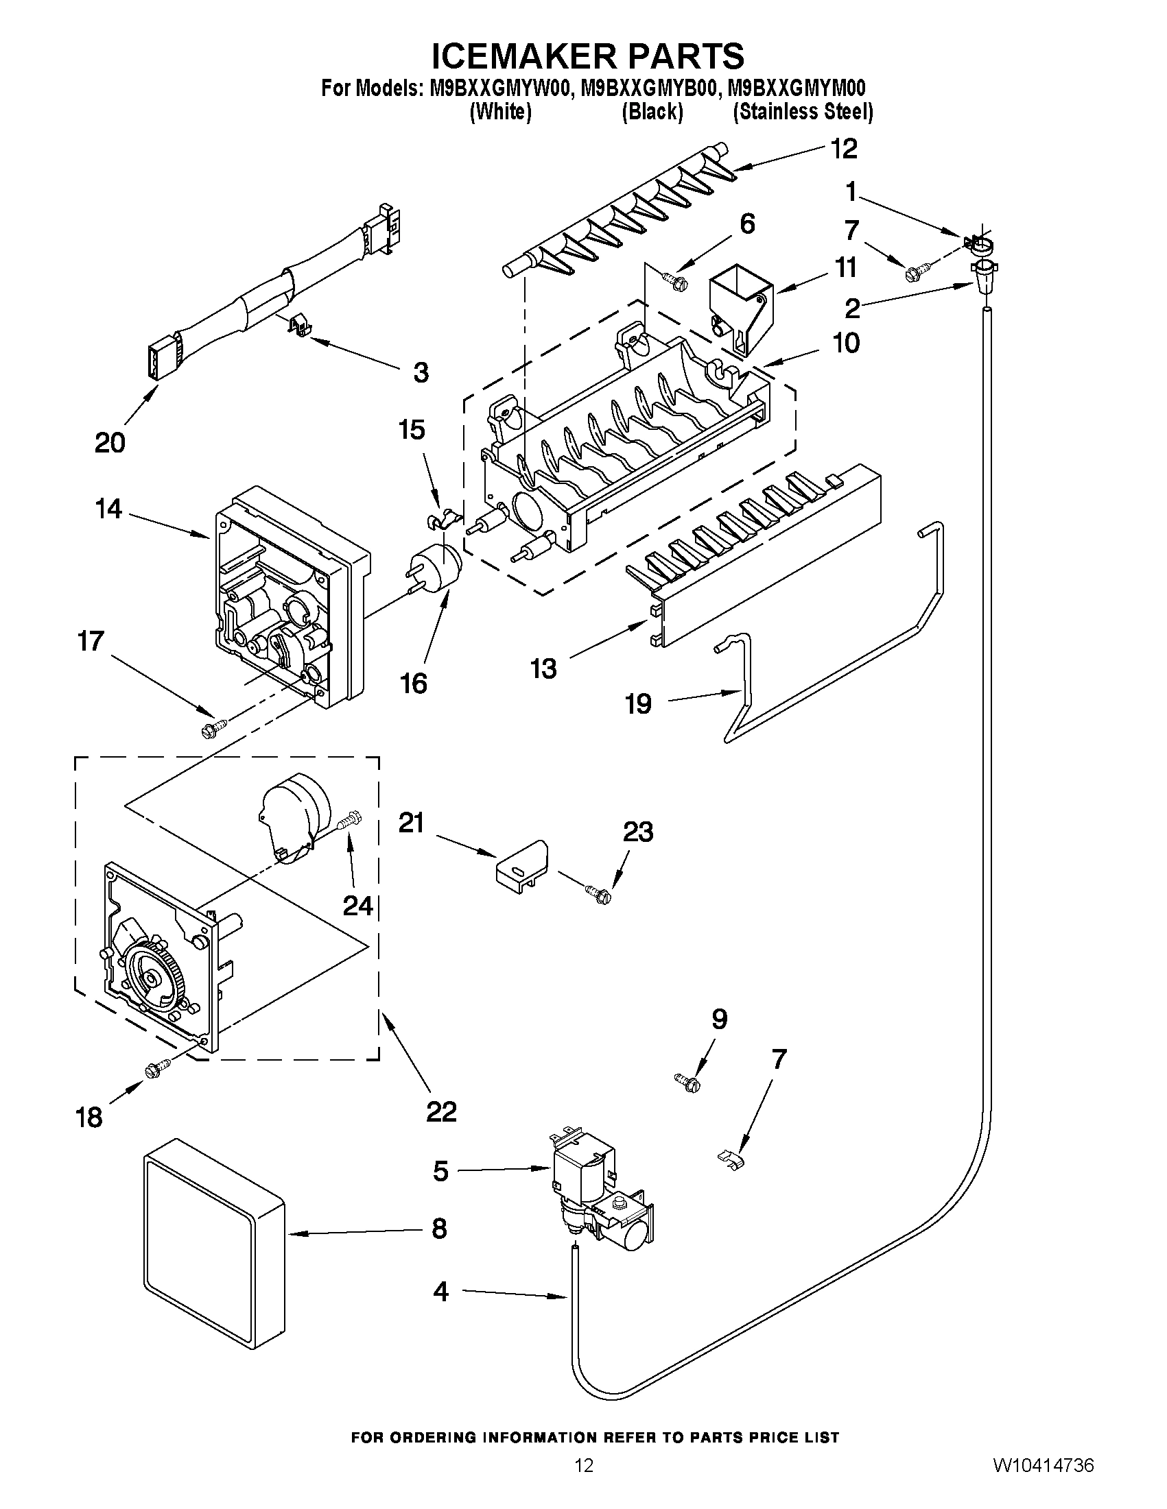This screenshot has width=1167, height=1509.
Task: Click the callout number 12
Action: (x=842, y=149)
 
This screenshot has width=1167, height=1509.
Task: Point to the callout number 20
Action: (x=110, y=442)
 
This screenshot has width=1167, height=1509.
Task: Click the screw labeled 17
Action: (x=213, y=727)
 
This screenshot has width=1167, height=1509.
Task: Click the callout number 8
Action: (x=438, y=1229)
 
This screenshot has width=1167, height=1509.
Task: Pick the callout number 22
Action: (x=441, y=1112)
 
